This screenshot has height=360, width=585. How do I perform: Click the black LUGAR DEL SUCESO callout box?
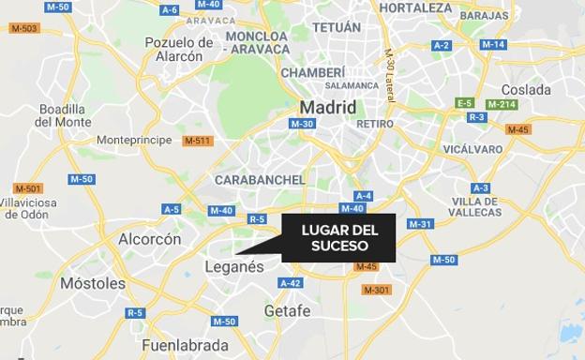(338, 238)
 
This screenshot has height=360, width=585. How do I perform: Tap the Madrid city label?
(327, 108)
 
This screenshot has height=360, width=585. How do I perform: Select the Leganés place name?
(234, 267)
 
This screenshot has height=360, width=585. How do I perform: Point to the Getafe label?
(287, 310)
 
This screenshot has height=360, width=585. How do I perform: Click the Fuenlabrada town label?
(186, 345)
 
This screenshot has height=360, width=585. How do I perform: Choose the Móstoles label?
(92, 283)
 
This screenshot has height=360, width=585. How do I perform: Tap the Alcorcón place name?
(149, 239)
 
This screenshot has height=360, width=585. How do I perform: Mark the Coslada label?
(526, 89)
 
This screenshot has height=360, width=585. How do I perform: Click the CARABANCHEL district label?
(260, 180)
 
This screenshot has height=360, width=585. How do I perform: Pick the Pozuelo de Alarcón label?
(179, 49)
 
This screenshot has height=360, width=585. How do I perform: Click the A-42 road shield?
(291, 283)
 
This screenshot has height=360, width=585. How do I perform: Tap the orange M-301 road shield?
(376, 290)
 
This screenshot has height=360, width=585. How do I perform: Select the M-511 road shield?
(198, 141)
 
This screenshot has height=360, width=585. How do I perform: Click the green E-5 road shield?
(464, 102)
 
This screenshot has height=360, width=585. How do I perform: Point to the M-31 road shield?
(420, 224)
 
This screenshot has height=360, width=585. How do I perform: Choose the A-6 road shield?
(169, 10)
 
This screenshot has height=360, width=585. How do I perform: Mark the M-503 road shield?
(24, 28)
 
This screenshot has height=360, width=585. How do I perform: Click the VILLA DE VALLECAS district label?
(476, 207)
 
